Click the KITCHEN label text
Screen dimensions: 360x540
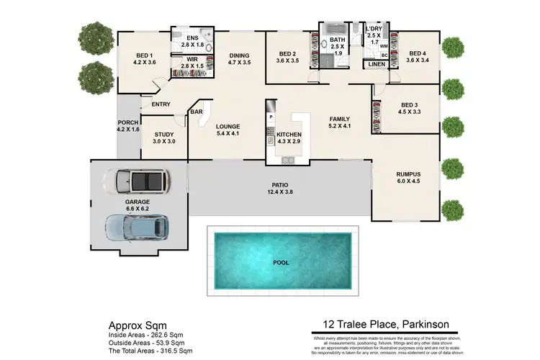[289, 134]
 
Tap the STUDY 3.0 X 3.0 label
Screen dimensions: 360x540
[164, 138]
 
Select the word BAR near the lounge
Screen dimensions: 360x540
[196, 112]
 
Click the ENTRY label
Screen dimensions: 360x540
[161, 104]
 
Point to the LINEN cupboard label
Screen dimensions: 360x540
[377, 65]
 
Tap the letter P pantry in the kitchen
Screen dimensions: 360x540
[271, 116]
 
